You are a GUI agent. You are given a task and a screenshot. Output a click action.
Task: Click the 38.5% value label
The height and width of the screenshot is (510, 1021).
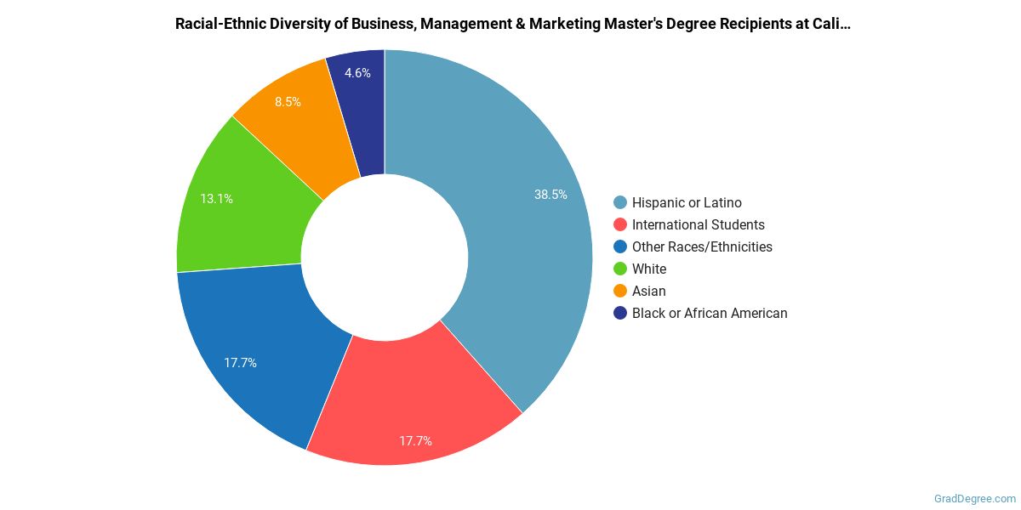[550, 195]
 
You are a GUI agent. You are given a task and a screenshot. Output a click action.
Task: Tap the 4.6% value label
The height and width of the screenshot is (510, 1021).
[357, 73]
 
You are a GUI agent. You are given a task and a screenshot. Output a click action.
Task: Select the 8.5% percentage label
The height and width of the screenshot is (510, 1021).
[288, 102]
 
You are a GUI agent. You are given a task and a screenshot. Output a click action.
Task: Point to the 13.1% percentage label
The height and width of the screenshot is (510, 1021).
[216, 199]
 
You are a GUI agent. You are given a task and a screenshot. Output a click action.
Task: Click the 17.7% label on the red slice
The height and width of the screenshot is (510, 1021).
[415, 441]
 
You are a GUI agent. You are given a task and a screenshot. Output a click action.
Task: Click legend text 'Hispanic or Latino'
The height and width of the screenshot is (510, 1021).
[687, 202]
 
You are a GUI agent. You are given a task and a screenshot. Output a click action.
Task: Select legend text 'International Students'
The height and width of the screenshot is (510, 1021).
[698, 224]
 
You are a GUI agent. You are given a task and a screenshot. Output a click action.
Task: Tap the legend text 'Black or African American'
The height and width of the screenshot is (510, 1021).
[710, 313]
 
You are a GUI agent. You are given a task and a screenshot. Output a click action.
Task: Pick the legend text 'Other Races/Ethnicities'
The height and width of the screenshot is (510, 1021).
[702, 246]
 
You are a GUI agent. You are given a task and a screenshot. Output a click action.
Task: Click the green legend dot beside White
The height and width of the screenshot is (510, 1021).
[620, 269]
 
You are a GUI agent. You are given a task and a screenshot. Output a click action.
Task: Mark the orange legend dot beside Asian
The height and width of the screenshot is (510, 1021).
[620, 291]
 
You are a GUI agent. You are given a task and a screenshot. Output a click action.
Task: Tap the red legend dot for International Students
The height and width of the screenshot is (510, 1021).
[620, 224]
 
